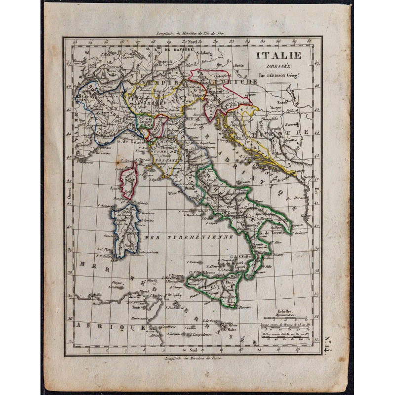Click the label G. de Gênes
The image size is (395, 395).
[x=130, y=140]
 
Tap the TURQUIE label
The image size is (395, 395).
[x=291, y=132]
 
